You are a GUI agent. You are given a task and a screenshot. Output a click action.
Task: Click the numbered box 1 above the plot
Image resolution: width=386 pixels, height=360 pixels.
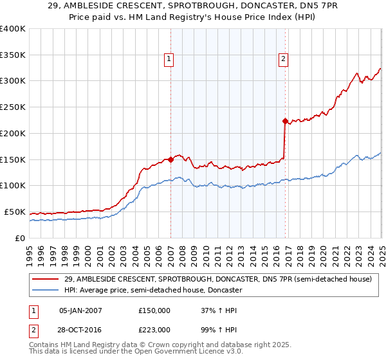[169, 59]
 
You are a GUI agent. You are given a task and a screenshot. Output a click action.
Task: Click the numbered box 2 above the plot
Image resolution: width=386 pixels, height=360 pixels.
[283, 59]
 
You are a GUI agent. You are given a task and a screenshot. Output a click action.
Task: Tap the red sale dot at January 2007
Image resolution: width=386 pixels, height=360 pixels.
[170, 159]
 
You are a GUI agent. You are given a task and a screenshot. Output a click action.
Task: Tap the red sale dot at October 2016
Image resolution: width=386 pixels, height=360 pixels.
[285, 121]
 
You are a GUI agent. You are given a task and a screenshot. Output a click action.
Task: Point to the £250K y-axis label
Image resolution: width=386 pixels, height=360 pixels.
[13, 107]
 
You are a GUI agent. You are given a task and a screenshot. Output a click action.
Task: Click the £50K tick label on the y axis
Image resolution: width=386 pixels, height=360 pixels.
[15, 212]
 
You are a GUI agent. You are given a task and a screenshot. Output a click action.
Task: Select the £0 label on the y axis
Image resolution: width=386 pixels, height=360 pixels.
[20, 238]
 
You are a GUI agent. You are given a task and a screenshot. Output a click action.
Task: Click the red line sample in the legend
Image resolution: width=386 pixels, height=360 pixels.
[46, 279]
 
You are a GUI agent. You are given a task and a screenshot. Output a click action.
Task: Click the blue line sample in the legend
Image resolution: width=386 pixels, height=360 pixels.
[46, 291]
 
